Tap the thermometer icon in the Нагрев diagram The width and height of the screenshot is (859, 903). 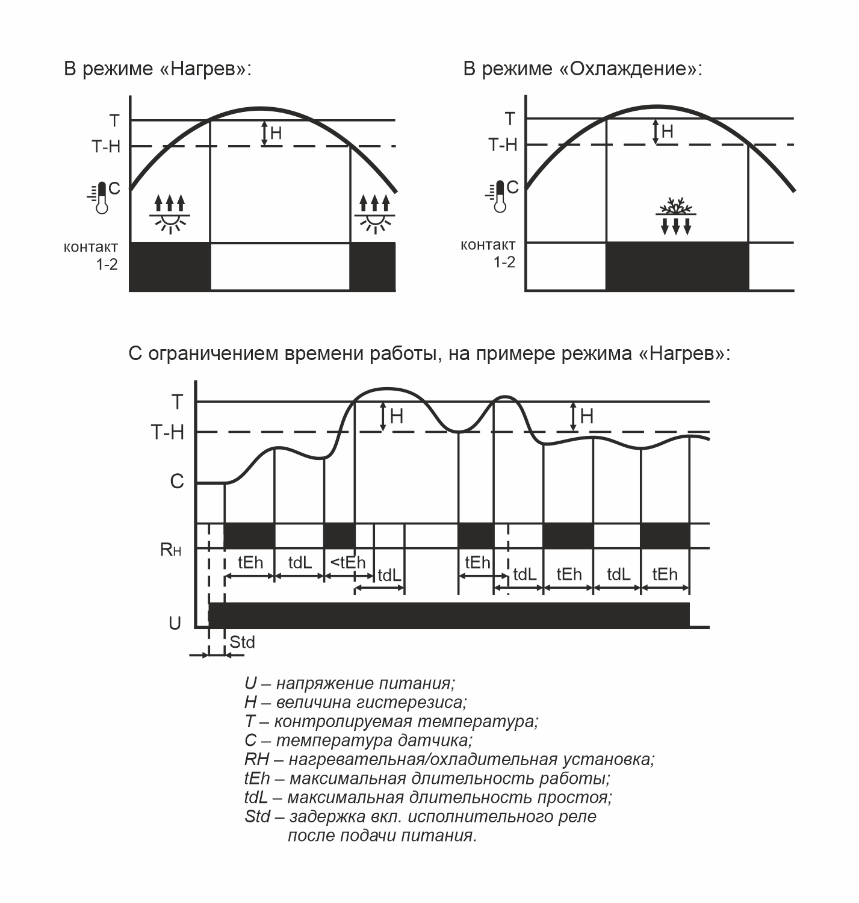coord(101,197)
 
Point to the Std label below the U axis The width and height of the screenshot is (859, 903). coord(242,642)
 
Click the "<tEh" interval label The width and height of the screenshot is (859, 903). coord(348,562)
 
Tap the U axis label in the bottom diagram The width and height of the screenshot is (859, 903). coord(175,623)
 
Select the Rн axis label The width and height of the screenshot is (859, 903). coord(170,549)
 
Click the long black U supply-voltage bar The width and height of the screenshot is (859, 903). coord(448,615)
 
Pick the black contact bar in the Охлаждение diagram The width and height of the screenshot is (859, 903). coord(677,266)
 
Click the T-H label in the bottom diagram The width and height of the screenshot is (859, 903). coord(167,432)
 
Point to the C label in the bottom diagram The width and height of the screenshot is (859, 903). coord(176,482)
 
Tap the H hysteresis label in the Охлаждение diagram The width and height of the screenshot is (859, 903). coord(667,131)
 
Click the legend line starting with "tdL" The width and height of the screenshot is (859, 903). coord(428,798)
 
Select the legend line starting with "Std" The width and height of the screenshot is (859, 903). coord(420,817)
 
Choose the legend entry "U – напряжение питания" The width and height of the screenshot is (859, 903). coord(350,683)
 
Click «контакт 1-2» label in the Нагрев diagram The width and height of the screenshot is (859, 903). coord(91,255)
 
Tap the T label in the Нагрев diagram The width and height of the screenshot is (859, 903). coord(114,120)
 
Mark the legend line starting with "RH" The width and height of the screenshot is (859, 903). coord(449,759)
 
